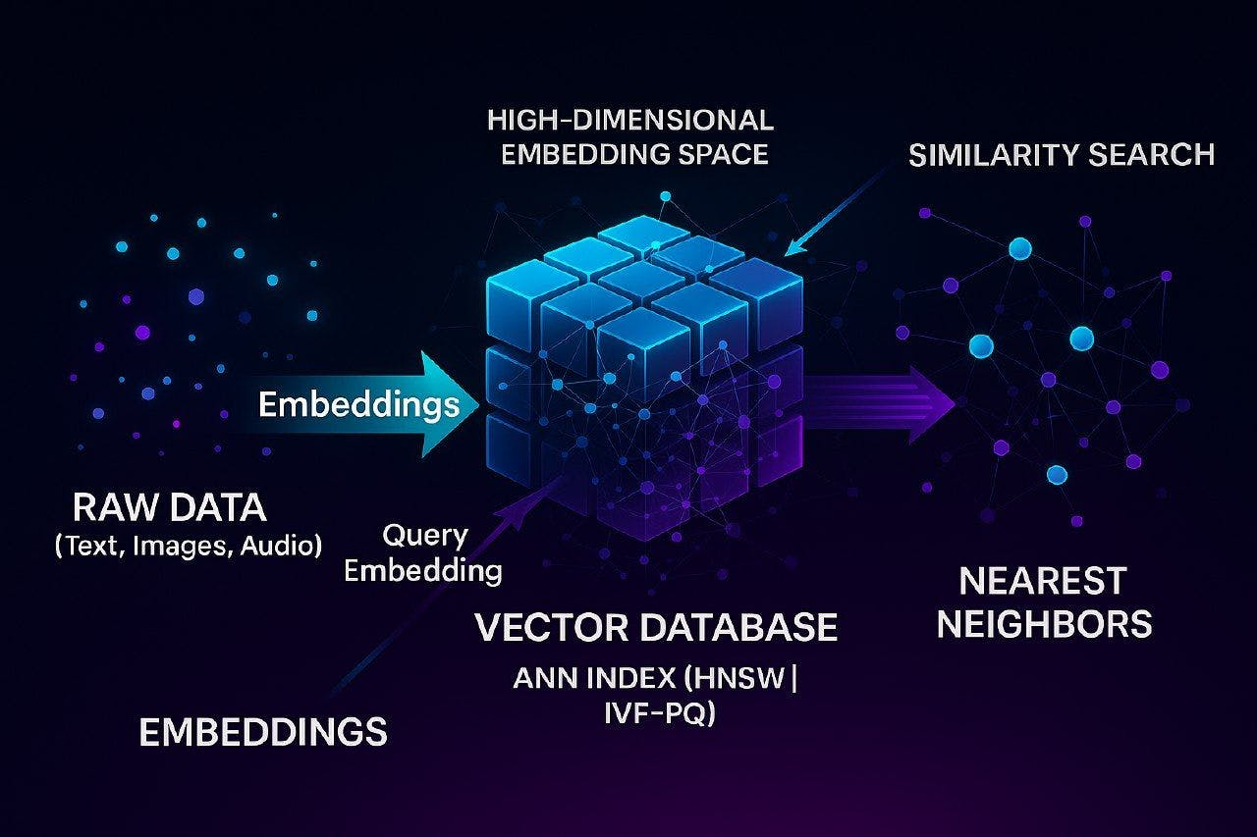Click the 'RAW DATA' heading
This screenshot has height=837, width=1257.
pyautogui.click(x=169, y=508)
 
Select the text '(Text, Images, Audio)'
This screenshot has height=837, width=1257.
pyautogui.click(x=189, y=545)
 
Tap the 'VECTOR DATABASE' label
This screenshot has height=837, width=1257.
pyautogui.click(x=656, y=626)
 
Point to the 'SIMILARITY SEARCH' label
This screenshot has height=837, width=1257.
pyautogui.click(x=1062, y=154)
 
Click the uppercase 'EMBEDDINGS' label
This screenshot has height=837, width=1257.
pyautogui.click(x=263, y=732)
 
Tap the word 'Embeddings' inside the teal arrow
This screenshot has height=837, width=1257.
pyautogui.click(x=359, y=404)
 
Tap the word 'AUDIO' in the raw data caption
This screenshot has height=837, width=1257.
pyautogui.click(x=285, y=545)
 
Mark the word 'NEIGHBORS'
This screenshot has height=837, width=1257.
pyautogui.click(x=1044, y=624)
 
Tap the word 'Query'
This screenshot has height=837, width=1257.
pyautogui.click(x=424, y=536)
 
